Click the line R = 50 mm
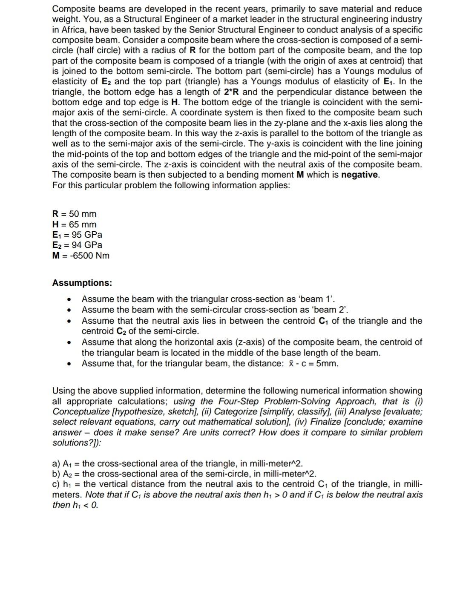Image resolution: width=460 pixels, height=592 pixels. point(74,214)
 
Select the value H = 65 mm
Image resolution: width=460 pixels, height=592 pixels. point(74,224)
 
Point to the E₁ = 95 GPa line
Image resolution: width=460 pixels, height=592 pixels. point(77,235)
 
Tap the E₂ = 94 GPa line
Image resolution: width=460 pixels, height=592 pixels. point(77,245)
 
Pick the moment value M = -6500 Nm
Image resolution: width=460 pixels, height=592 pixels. point(80,256)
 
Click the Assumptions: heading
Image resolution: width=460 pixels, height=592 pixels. point(82,283)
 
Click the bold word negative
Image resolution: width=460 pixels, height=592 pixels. point(360,175)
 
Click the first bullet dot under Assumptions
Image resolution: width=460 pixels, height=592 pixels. point(68,299)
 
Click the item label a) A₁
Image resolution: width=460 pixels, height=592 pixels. point(63,463)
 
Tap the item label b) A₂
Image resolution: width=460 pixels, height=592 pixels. point(63,474)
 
